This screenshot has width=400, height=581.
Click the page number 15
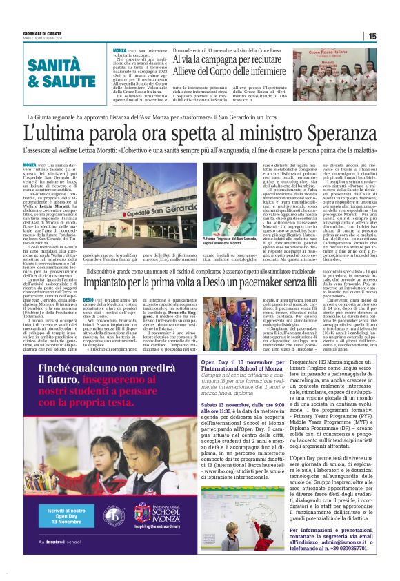point(372,36)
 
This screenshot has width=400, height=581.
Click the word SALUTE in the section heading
point(63,81)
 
